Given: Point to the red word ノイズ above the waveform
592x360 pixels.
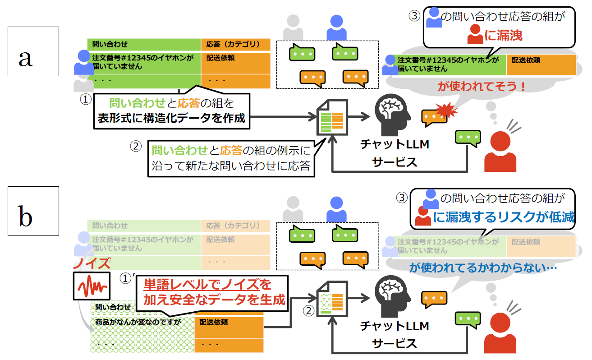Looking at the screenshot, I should click(x=92, y=263).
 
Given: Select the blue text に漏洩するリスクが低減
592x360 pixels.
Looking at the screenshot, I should click(x=504, y=218).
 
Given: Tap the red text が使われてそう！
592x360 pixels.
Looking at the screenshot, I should click(x=482, y=86).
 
